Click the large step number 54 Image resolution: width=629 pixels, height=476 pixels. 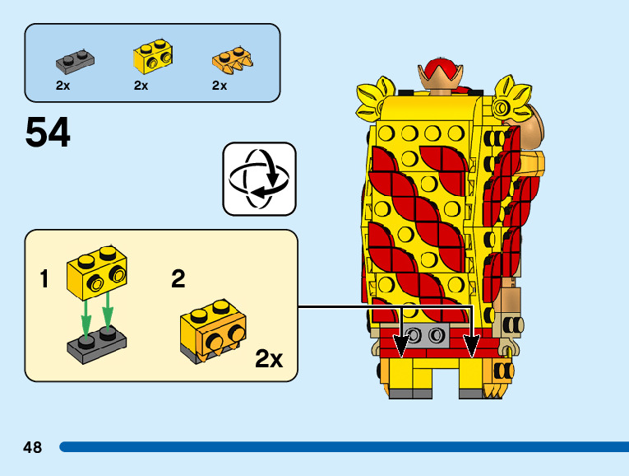49,133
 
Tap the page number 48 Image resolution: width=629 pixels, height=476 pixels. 33,447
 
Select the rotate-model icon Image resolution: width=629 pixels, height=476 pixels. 259,178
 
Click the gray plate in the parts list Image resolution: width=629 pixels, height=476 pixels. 73,58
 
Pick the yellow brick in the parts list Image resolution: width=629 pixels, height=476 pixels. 151,57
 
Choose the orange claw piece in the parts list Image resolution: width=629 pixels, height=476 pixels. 231,58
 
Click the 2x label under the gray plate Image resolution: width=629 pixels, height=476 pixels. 62,86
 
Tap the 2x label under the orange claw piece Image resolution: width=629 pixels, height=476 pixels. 220,86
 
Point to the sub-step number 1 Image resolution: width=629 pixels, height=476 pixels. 44,280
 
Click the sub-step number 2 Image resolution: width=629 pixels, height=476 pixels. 178,279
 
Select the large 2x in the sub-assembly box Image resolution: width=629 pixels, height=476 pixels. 269,359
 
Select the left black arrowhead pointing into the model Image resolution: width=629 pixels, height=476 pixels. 402,346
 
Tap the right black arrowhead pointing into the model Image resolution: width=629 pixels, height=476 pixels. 471,346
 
